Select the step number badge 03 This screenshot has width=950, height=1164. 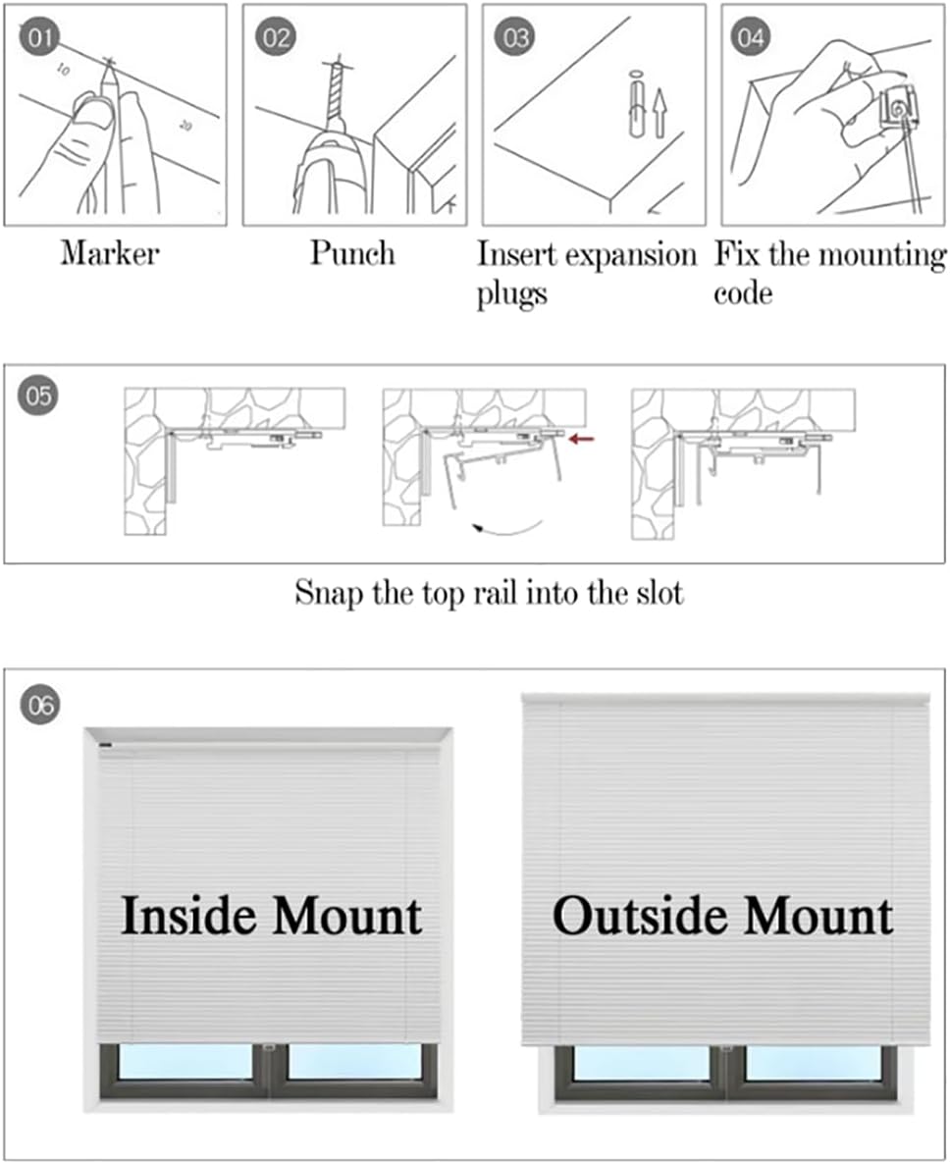[x=514, y=39]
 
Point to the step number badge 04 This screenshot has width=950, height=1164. [x=751, y=39]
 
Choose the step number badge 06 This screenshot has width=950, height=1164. [x=40, y=704]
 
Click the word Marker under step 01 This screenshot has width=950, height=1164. [x=109, y=253]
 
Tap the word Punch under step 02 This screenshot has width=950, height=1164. [x=352, y=253]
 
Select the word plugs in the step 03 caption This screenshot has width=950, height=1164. [x=511, y=294]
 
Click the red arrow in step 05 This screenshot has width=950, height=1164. [x=582, y=440]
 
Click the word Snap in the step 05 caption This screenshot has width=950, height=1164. [x=327, y=593]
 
